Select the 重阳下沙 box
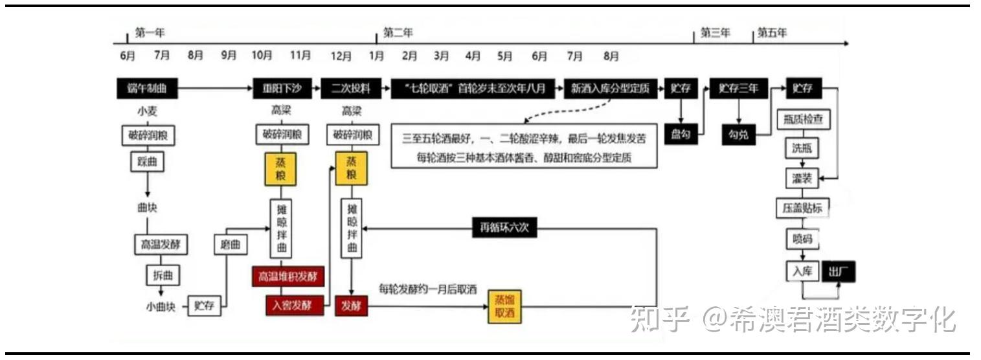click(x=281, y=89)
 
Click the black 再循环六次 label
click(x=504, y=227)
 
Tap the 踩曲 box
click(x=148, y=162)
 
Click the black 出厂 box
click(x=839, y=272)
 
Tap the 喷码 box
click(x=802, y=239)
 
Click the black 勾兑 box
click(x=738, y=134)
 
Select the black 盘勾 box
click(x=681, y=134)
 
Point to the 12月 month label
click(x=341, y=56)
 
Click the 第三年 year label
click(x=716, y=34)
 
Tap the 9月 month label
click(x=229, y=56)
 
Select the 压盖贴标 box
click(x=802, y=208)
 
